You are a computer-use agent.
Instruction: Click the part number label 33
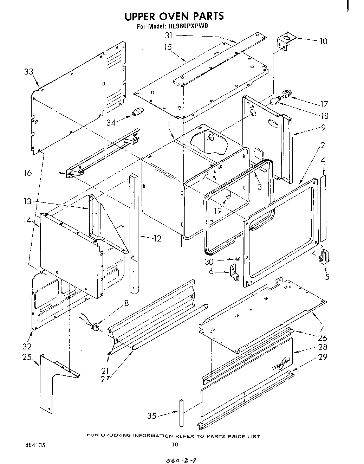(28, 72)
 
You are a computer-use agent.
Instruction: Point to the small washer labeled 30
(237, 259)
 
